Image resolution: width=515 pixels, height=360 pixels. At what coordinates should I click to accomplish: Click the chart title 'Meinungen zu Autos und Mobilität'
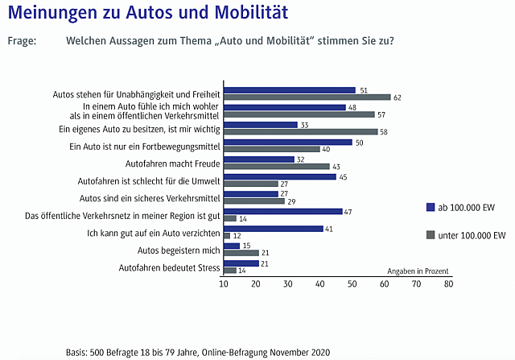tap(148, 14)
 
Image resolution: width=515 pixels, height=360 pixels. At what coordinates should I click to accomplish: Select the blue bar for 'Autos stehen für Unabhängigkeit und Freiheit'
tap(289, 90)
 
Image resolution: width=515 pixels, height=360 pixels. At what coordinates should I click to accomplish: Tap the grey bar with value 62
tap(307, 97)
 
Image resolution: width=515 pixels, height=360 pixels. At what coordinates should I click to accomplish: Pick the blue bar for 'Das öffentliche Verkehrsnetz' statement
tap(282, 211)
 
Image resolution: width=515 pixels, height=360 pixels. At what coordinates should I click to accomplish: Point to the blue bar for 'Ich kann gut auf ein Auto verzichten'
tap(273, 229)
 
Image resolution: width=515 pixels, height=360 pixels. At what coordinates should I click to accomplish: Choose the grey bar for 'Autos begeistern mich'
tap(241, 253)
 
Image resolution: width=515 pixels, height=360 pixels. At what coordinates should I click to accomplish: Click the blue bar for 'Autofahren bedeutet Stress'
tap(241, 263)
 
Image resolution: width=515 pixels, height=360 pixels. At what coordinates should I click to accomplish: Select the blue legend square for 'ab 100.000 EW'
tap(431, 208)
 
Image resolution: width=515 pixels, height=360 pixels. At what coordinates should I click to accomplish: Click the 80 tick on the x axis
tap(448, 284)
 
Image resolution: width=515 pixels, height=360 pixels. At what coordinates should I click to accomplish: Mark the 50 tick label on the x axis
tap(352, 284)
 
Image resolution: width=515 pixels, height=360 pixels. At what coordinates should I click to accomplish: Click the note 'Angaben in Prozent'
tap(418, 271)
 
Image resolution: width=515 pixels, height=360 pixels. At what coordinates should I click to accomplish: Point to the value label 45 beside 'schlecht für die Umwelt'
tap(343, 176)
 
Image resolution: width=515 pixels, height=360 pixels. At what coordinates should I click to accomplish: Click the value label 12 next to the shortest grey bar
tap(237, 236)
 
